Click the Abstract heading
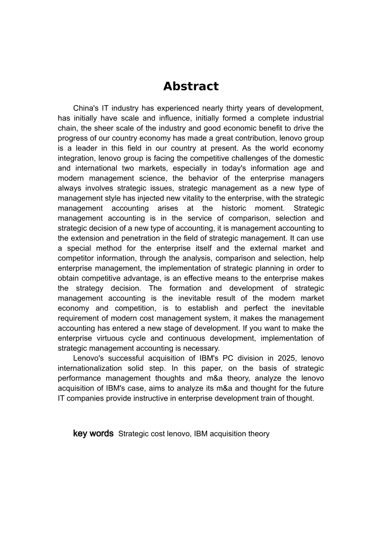[191, 86]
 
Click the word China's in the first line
[86, 108]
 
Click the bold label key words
[93, 434]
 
